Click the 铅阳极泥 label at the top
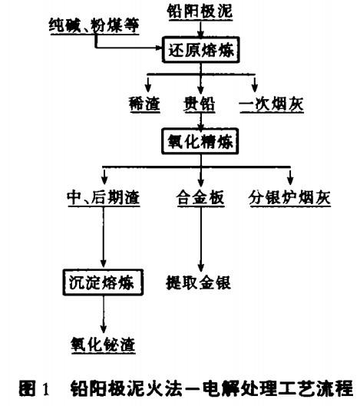click(x=200, y=12)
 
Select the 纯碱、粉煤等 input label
click(x=94, y=25)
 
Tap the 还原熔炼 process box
click(x=200, y=50)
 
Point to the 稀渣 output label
click(x=144, y=104)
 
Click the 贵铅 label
click(x=200, y=104)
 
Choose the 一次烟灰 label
click(x=272, y=104)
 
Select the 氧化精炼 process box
click(x=200, y=141)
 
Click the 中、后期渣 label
click(x=104, y=197)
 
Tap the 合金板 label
click(x=200, y=197)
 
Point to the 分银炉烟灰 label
click(x=290, y=197)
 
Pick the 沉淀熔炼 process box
click(x=103, y=282)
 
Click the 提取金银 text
click(x=199, y=282)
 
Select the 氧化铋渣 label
click(x=104, y=345)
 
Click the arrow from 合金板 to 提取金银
click(x=201, y=239)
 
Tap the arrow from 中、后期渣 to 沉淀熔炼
click(x=104, y=237)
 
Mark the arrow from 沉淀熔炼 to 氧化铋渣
click(x=104, y=315)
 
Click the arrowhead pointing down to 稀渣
click(x=148, y=87)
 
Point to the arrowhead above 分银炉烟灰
click(x=290, y=180)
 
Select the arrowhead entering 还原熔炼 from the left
click(x=158, y=48)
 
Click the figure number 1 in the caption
click(x=45, y=388)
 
